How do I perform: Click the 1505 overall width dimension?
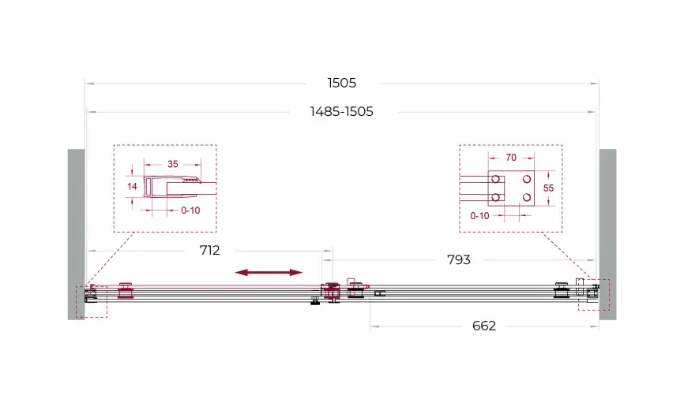click(x=341, y=83)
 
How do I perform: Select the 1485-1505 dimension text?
click(x=341, y=111)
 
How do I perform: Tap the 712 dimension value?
click(x=209, y=250)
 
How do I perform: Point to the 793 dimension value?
click(x=458, y=260)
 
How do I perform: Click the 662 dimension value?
click(x=483, y=326)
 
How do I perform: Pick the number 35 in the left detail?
click(x=173, y=164)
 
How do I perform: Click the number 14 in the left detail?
click(x=132, y=186)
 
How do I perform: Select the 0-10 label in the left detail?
click(x=190, y=211)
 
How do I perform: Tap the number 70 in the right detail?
click(x=511, y=157)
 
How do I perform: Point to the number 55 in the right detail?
click(x=548, y=188)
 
